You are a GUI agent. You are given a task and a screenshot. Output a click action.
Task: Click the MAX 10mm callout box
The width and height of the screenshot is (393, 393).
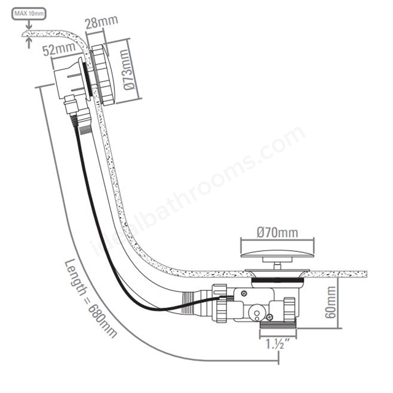pyautogui.click(x=29, y=14)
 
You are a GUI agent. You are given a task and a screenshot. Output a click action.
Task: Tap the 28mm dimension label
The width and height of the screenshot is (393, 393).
pyautogui.click(x=101, y=22)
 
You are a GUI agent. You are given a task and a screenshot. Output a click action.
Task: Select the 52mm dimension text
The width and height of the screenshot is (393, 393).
pyautogui.click(x=59, y=49)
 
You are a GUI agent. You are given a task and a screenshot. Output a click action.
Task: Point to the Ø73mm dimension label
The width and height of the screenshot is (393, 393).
pyautogui.click(x=130, y=69)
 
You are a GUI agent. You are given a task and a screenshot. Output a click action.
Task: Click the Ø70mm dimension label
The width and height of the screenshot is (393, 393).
pyautogui.click(x=277, y=233)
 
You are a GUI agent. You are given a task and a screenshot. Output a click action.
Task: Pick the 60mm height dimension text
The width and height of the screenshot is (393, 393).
pyautogui.click(x=330, y=302)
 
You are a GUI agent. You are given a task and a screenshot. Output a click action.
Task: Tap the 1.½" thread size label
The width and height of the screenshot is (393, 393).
pyautogui.click(x=278, y=343)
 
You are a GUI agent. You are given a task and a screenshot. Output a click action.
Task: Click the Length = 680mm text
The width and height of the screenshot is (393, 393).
pyautogui.click(x=90, y=298)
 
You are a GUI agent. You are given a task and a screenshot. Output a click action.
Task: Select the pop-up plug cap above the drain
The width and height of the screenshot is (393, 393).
pyautogui.click(x=277, y=254)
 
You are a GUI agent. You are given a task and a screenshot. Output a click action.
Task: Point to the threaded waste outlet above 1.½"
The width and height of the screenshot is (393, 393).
pyautogui.click(x=278, y=325)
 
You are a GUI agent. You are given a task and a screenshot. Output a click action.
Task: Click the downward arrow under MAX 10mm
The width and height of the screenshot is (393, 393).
pyautogui.click(x=29, y=25)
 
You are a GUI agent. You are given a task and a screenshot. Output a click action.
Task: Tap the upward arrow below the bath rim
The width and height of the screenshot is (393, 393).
pyautogui.click(x=29, y=42)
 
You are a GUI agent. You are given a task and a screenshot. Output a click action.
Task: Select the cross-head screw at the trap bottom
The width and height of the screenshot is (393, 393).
pyautogui.click(x=270, y=317)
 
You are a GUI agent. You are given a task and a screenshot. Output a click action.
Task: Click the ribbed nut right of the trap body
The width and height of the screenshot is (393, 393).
pyautogui.click(x=290, y=309)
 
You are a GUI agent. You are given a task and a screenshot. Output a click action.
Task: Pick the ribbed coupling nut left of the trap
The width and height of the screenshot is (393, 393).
pyautogui.click(x=220, y=303)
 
